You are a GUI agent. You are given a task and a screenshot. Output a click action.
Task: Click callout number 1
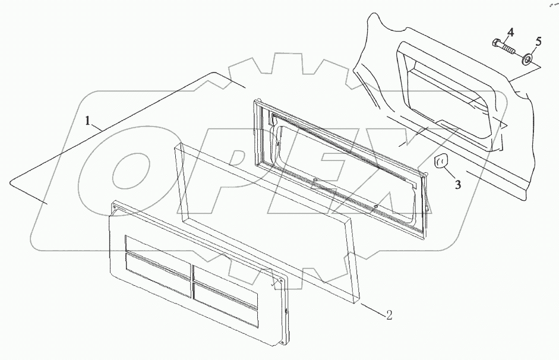pyautogui.click(x=89, y=122)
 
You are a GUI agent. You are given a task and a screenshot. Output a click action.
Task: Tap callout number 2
pyautogui.click(x=389, y=315)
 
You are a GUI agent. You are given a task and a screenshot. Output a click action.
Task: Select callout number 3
pyautogui.click(x=457, y=184)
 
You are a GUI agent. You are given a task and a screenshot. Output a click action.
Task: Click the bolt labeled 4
pyautogui.click(x=505, y=46)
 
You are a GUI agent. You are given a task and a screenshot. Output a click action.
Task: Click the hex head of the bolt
pyautogui.click(x=497, y=42)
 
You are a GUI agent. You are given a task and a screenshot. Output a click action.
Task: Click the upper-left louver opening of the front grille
pyautogui.click(x=157, y=250)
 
